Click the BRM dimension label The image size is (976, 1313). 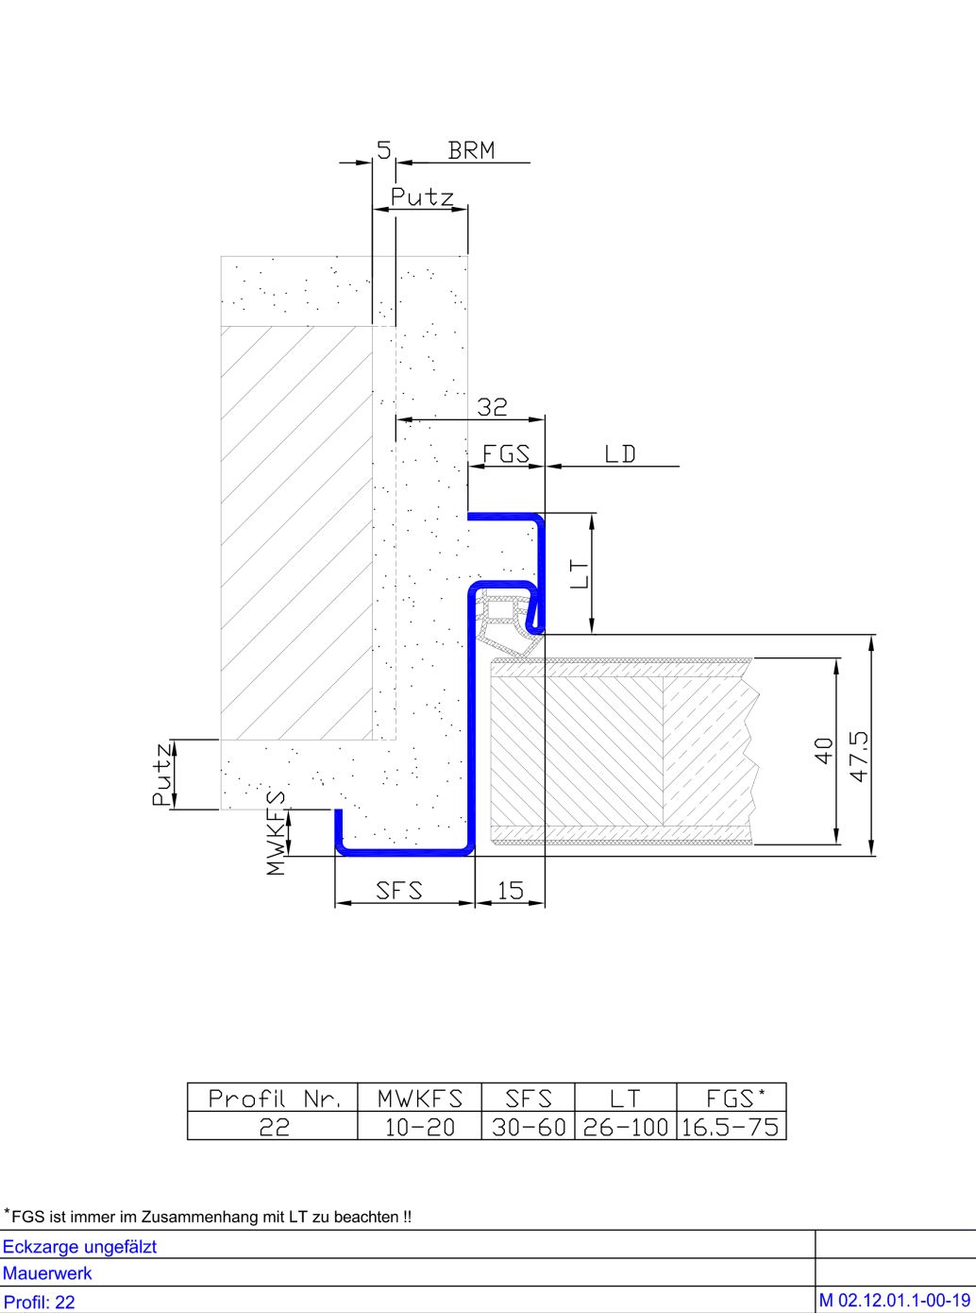click(x=471, y=150)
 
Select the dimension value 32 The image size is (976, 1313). click(x=492, y=407)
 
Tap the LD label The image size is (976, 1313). click(x=619, y=454)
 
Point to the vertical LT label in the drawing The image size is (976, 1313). click(x=581, y=573)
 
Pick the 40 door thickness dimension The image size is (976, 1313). click(x=823, y=751)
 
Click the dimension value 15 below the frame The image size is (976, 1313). click(x=510, y=890)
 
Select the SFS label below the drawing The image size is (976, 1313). click(x=399, y=890)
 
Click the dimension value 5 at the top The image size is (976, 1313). click(x=384, y=150)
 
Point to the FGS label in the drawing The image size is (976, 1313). click(x=506, y=454)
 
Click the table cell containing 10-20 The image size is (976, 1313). click(x=419, y=1126)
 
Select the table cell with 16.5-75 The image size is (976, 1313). click(x=732, y=1126)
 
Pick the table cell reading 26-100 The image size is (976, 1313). click(x=626, y=1126)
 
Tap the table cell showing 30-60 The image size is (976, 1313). click(x=529, y=1126)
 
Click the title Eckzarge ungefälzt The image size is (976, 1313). click(x=79, y=1247)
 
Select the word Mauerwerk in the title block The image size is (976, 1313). click(x=47, y=1273)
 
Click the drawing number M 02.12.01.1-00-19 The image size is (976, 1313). click(x=895, y=1301)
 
